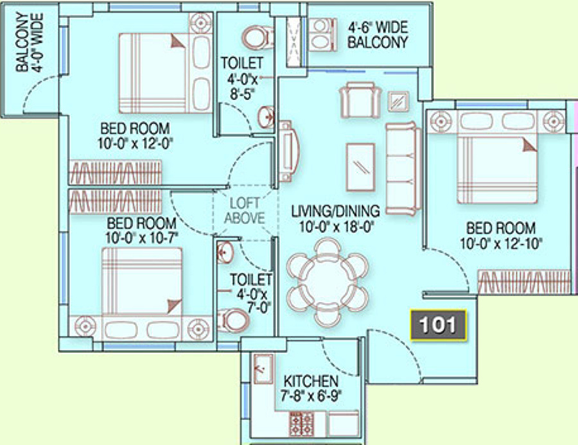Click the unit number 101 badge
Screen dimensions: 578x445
pyautogui.click(x=438, y=324)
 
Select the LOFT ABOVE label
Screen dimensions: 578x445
pyautogui.click(x=245, y=211)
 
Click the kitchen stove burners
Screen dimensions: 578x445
pyautogui.click(x=302, y=424)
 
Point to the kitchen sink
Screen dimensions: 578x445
pyautogui.click(x=263, y=369)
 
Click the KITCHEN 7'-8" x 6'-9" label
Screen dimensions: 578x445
pyautogui.click(x=311, y=388)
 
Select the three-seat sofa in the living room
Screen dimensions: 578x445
pyautogui.click(x=403, y=168)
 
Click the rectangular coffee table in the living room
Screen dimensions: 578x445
pyautogui.click(x=361, y=167)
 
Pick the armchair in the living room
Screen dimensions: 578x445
pyautogui.click(x=360, y=100)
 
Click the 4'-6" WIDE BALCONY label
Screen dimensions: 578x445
pyautogui.click(x=378, y=35)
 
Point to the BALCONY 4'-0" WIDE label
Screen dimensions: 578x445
pyautogui.click(x=30, y=42)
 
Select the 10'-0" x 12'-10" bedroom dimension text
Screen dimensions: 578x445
pyautogui.click(x=500, y=244)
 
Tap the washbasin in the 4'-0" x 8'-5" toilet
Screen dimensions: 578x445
pyautogui.click(x=266, y=118)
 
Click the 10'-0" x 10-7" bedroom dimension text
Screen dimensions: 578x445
pyautogui.click(x=142, y=238)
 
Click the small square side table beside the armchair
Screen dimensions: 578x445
pyautogui.click(x=398, y=101)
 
